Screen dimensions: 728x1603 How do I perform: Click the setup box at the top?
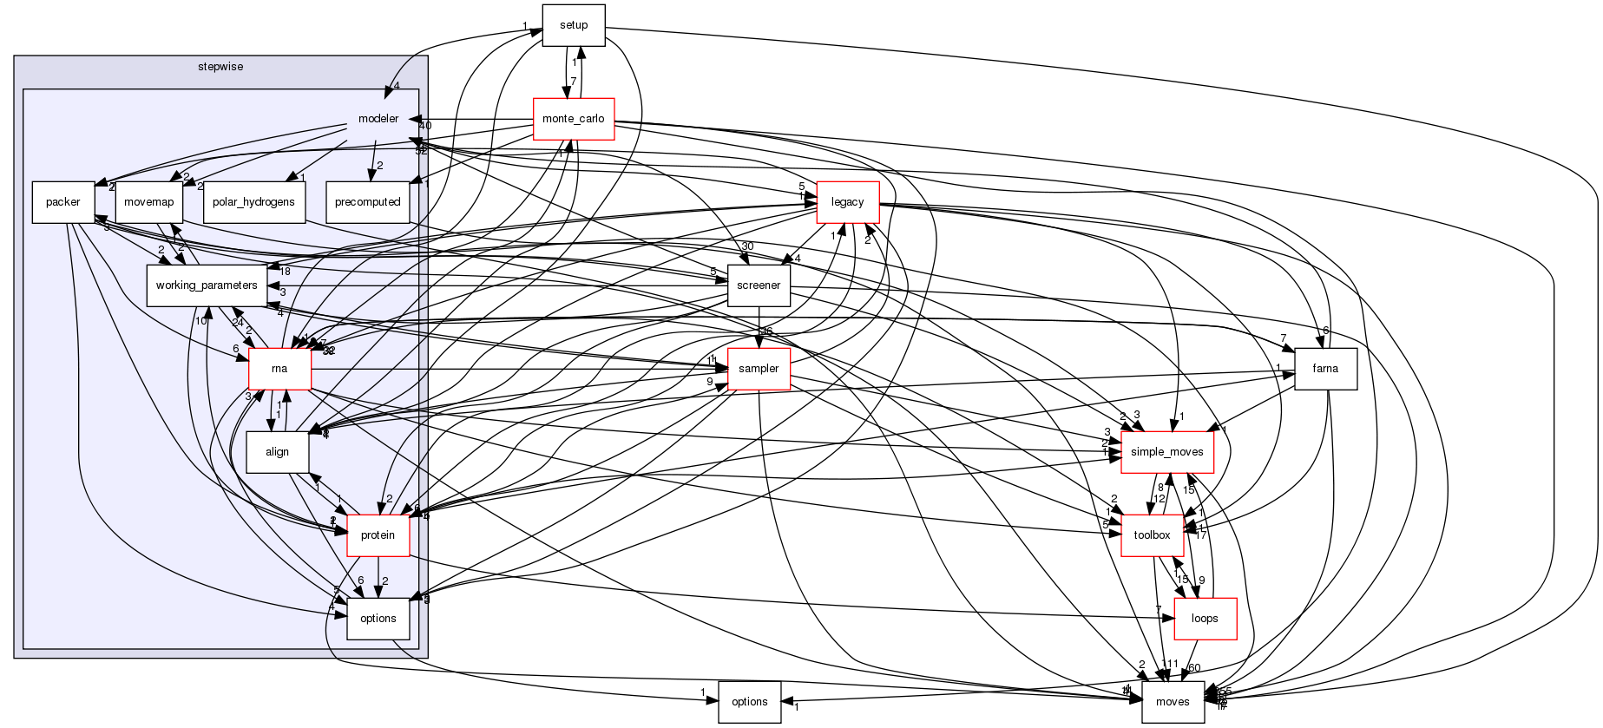[573, 25]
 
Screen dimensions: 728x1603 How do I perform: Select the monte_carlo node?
[573, 119]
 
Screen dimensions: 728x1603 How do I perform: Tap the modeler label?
[378, 119]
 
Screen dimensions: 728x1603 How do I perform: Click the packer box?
[62, 202]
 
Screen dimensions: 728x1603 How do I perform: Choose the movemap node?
[148, 202]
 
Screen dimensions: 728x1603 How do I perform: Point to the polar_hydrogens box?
[253, 202]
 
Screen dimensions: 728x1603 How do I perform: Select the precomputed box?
[367, 202]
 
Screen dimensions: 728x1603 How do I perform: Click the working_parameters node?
[206, 285]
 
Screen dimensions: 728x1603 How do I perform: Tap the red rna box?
[279, 369]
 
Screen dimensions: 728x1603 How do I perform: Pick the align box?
[277, 452]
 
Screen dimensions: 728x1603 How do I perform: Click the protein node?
[378, 535]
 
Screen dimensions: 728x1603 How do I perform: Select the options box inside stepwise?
[378, 619]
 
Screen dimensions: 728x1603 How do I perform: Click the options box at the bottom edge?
[749, 702]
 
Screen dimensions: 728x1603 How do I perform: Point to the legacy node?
[847, 202]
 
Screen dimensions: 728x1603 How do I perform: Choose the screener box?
[758, 285]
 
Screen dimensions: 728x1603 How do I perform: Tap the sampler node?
[758, 369]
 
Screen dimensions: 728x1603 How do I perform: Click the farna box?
[1324, 369]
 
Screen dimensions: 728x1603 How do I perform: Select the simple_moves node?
[1166, 452]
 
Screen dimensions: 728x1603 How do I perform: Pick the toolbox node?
[1152, 535]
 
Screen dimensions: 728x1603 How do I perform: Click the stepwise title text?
[220, 66]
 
